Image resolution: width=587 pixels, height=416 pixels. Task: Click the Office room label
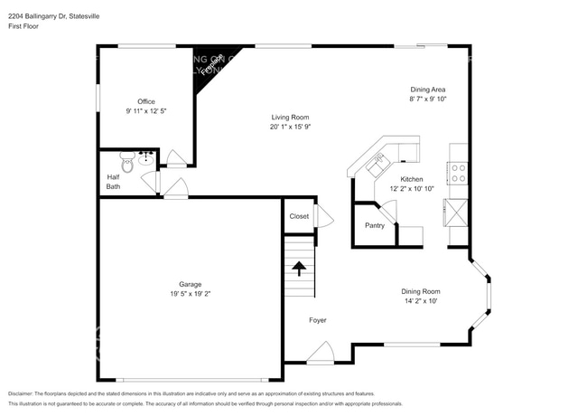point(145,101)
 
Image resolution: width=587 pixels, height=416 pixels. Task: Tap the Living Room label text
point(291,117)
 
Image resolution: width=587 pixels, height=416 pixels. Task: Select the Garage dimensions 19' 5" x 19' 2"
point(190,294)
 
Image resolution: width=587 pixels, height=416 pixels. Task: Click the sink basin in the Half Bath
point(146,157)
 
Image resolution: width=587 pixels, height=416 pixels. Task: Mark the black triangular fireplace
point(209,66)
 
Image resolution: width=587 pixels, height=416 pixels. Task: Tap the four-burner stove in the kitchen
point(458,173)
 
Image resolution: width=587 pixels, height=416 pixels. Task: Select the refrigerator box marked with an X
point(458,213)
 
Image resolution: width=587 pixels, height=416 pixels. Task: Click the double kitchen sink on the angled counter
point(377,163)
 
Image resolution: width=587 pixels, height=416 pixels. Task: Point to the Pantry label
point(375,225)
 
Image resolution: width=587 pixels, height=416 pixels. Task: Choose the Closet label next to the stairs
point(298,216)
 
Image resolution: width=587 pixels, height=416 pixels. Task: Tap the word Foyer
point(318,320)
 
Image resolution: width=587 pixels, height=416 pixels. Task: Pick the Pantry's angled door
point(390,213)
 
